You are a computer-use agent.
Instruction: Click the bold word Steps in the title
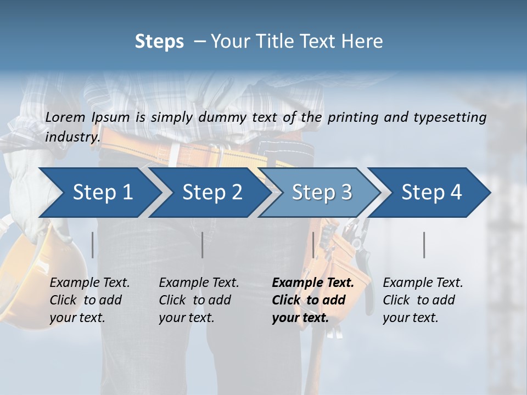coord(159,42)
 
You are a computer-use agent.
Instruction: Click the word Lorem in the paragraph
coord(65,117)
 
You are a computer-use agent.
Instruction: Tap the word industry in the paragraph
coord(72,137)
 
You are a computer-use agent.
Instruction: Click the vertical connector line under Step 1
coord(93,245)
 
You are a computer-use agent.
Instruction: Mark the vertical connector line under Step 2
coord(203,245)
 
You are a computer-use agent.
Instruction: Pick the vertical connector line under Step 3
coord(313,245)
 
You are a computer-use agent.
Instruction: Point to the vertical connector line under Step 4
coord(424,245)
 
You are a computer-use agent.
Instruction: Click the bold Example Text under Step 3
coord(313,283)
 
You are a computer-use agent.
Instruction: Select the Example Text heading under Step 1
coord(89,283)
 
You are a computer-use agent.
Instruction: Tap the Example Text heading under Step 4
coord(423,283)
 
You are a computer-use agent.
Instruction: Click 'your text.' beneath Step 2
coord(186,318)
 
